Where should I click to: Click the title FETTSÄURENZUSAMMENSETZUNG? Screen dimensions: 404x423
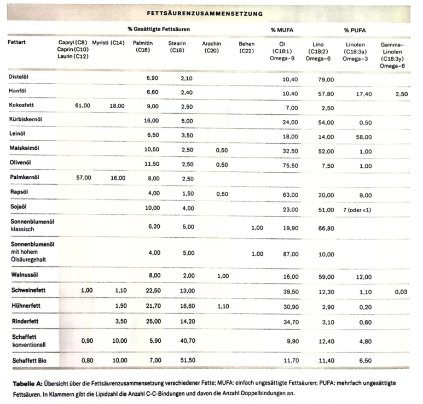(x=205, y=13)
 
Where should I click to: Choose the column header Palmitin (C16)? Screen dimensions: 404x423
(x=146, y=46)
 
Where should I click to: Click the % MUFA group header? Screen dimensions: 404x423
(x=281, y=29)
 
